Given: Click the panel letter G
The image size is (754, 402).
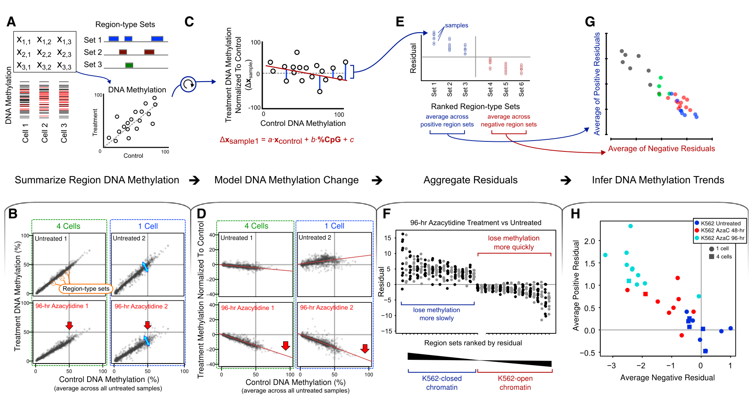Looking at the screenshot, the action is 590,21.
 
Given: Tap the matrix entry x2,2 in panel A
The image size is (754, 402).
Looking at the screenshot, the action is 44,53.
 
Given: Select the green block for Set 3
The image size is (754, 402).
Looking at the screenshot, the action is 129,65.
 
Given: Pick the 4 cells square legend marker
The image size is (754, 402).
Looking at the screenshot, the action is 711,256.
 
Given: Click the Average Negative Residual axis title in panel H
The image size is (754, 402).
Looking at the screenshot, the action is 667,378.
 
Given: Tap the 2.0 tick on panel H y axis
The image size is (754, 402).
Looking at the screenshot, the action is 589,241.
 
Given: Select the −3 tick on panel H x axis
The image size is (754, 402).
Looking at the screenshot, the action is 612,366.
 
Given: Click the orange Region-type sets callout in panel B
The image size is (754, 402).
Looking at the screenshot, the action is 86,289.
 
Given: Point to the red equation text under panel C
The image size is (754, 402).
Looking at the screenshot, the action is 287,140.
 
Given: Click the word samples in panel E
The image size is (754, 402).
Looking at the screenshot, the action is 457,26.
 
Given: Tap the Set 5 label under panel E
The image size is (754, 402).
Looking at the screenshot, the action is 506,89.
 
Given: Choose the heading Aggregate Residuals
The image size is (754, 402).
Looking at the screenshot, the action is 470,180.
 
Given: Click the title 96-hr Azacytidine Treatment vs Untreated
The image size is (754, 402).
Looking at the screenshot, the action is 476,223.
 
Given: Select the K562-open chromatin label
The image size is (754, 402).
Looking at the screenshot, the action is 515,383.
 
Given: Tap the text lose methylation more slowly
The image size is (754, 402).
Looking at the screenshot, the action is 436,314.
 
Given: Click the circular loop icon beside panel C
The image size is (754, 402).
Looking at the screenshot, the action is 188,84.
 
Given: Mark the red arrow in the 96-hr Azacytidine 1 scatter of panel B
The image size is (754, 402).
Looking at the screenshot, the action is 70,325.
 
